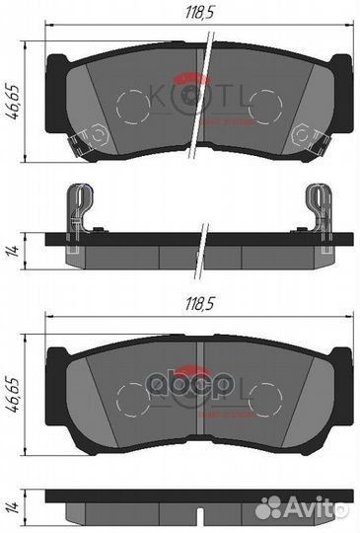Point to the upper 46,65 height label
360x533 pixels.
point(13,99)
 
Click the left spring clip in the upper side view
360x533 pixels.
point(74,209)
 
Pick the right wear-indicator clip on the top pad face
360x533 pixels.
point(301,131)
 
